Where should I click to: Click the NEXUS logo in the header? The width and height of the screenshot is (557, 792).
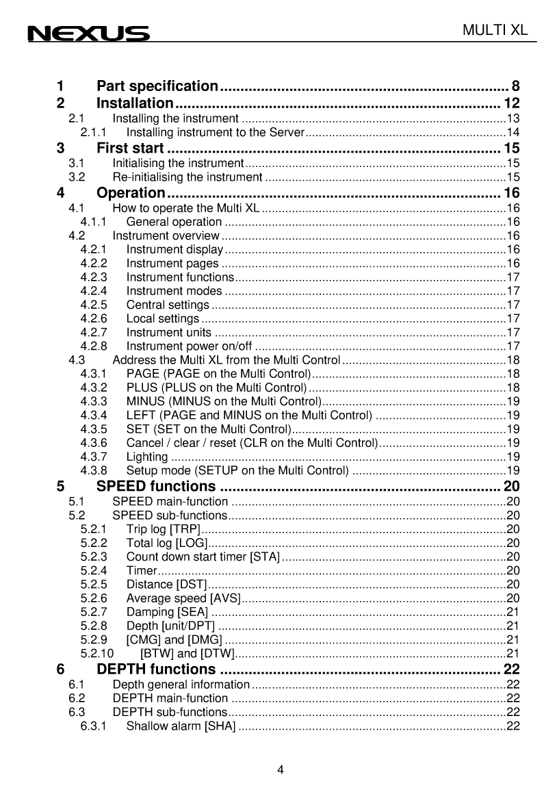point(88,34)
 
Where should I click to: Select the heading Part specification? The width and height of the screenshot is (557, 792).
point(157,86)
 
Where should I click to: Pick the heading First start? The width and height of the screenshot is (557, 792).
point(130,148)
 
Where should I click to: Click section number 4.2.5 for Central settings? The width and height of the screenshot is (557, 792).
point(94,305)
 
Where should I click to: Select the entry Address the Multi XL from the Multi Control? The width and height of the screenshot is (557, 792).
point(226,360)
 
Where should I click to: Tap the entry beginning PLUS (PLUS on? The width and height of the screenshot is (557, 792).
point(216,387)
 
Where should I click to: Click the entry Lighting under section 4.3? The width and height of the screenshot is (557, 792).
point(147,457)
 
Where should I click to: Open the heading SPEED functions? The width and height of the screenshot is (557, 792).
point(156,487)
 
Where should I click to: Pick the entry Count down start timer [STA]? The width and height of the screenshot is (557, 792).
point(203,557)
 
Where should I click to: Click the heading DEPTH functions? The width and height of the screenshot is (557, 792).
point(156,669)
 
